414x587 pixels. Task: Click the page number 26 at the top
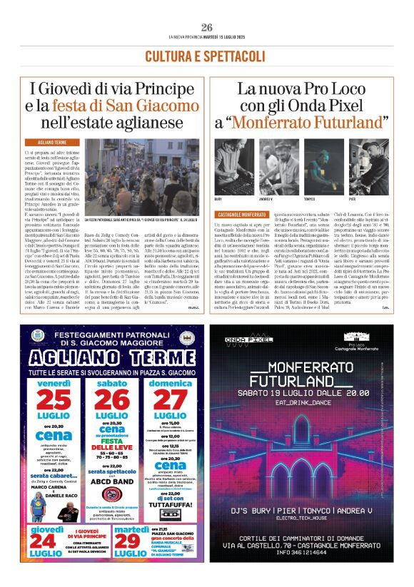point(207,27)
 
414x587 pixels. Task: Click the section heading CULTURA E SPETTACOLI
point(206,56)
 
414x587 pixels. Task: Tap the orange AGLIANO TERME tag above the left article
point(49,143)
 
